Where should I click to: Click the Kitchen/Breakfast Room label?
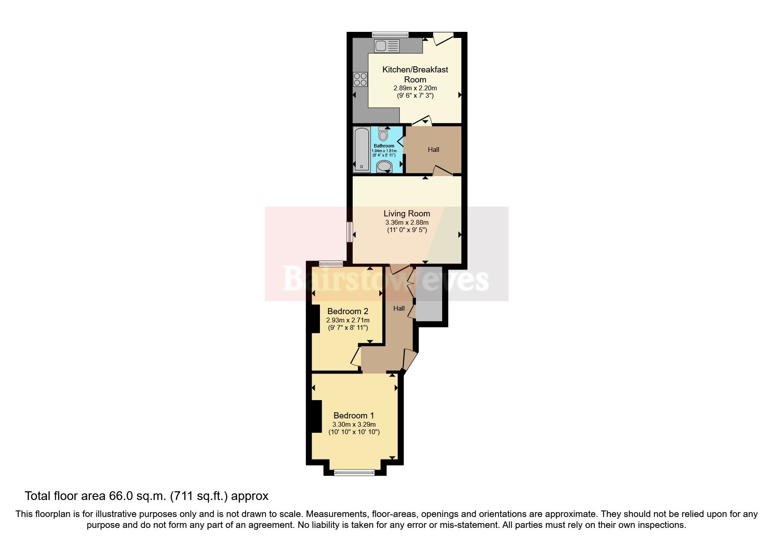point(415,74)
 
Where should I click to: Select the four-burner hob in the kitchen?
point(361,79)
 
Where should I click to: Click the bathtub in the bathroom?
point(361,149)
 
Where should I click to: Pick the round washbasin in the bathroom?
point(384,166)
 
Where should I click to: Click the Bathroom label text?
point(384,146)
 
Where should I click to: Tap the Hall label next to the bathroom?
point(433,150)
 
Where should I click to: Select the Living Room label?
point(407,214)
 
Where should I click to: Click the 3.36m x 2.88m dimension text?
point(407,223)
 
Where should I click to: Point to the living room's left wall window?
point(350,232)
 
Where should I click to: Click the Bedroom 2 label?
point(348,312)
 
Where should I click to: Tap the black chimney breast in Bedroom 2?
point(313,319)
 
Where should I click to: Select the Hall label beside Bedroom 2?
point(399,308)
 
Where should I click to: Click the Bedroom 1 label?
point(354,416)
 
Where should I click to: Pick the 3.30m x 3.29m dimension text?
point(354,425)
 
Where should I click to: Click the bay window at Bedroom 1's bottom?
point(354,472)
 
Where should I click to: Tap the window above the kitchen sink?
point(390,34)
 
